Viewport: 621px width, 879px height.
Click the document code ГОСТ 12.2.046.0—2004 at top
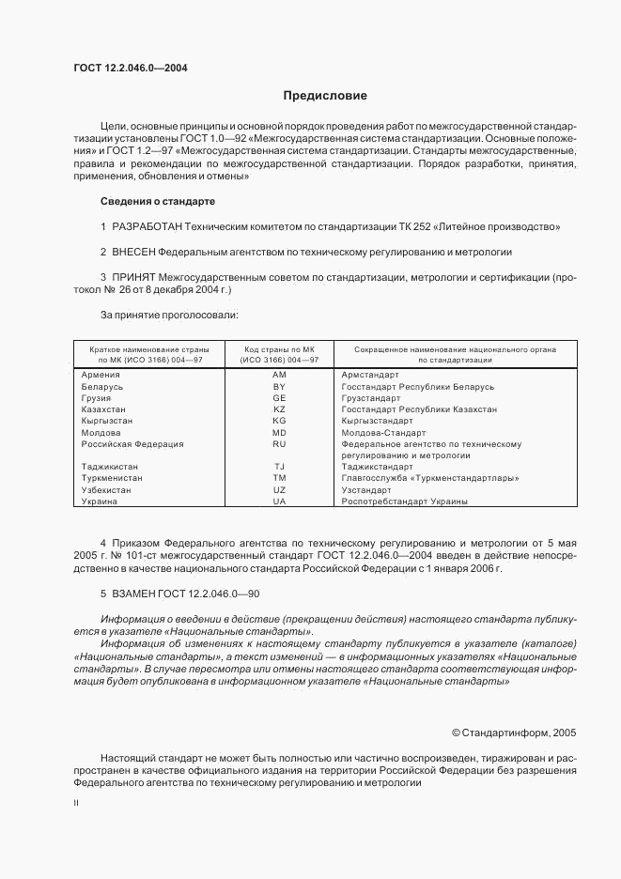130,68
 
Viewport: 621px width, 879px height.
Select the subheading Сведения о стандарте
158,202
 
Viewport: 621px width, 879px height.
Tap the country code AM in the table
279,375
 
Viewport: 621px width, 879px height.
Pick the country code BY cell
279,387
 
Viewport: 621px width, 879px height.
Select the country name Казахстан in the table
105,409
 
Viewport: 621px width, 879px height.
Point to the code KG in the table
279,421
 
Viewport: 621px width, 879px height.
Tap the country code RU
279,443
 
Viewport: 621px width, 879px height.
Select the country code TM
279,478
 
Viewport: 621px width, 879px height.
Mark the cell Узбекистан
107,489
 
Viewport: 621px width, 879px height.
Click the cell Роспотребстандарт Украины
405,501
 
